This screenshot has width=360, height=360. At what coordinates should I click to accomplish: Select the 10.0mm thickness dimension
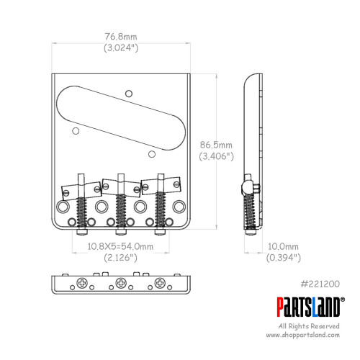[x=282, y=246]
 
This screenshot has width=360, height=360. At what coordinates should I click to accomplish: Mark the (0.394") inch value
[x=282, y=257]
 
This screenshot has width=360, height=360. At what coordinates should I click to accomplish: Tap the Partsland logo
[x=309, y=306]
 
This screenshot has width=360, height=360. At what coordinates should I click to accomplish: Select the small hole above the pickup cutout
[x=129, y=91]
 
